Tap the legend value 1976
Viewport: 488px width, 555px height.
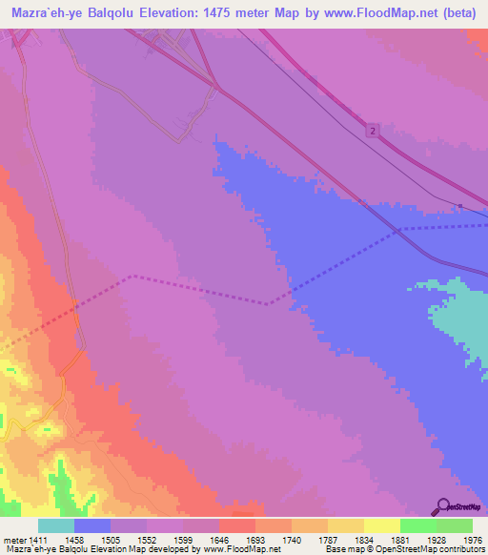pyautogui.click(x=473, y=540)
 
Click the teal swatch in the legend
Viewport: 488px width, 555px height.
pyautogui.click(x=56, y=525)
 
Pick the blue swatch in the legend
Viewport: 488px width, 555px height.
pyautogui.click(x=92, y=525)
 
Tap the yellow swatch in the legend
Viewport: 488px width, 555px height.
pyautogui.click(x=381, y=525)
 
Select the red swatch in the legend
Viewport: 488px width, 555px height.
pyautogui.click(x=236, y=525)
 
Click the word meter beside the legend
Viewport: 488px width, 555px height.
pyautogui.click(x=14, y=540)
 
